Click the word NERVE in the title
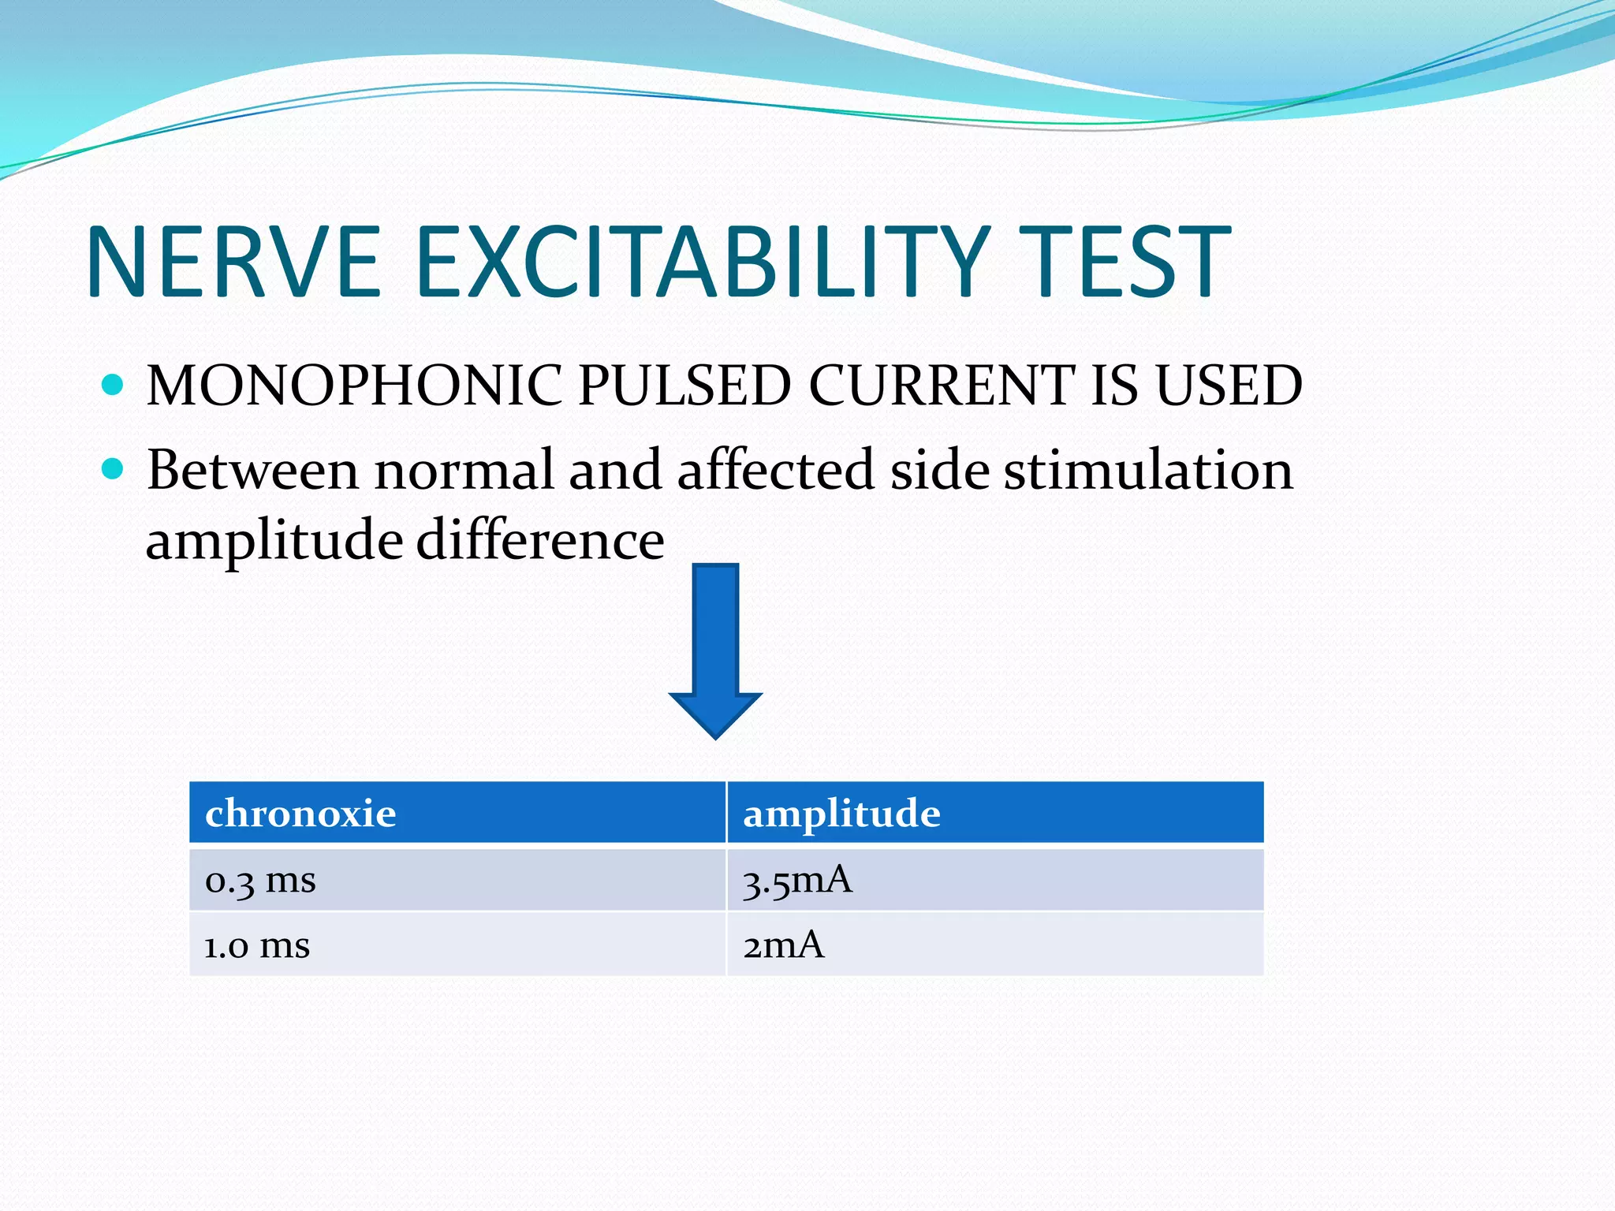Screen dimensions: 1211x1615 click(234, 263)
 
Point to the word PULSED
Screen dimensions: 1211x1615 click(684, 386)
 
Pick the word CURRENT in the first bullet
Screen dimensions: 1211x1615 click(941, 386)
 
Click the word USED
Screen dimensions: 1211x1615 click(1229, 386)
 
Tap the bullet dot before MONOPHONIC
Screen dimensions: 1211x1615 click(114, 385)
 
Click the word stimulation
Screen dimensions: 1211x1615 click(1148, 471)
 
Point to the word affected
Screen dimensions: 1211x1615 click(775, 471)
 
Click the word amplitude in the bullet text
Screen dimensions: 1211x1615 click(274, 542)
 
